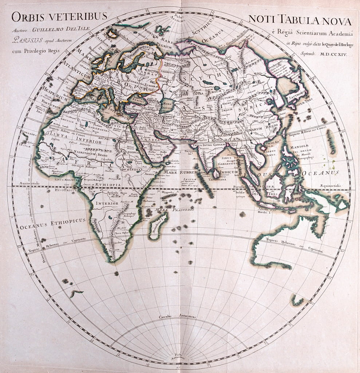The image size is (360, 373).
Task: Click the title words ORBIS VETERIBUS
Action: (59, 17)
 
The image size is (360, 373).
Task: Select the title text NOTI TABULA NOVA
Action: (300, 20)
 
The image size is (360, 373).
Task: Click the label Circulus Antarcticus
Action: (177, 316)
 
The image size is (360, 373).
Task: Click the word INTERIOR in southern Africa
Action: (107, 203)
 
